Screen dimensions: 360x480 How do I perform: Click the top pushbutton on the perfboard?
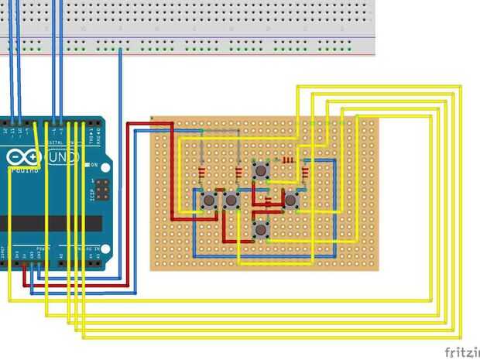point(261,170)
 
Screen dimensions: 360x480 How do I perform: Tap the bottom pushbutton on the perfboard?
point(261,229)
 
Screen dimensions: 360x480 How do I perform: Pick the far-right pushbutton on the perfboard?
point(290,201)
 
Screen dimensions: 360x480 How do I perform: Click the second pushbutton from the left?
point(231,201)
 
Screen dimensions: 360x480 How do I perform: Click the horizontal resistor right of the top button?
point(288,160)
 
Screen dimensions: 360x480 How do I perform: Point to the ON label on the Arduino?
point(94,166)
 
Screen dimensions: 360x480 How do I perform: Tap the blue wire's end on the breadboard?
point(120,50)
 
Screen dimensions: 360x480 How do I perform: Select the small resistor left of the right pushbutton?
point(270,203)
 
